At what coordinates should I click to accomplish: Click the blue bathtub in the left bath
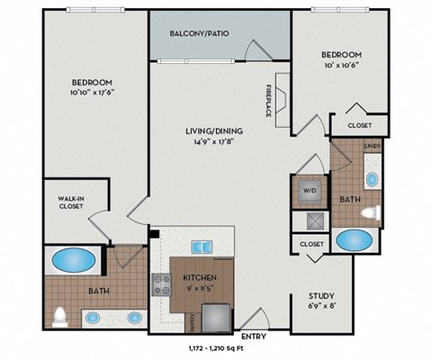click(73, 261)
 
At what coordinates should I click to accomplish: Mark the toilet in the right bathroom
click(369, 212)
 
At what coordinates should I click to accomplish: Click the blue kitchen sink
click(201, 247)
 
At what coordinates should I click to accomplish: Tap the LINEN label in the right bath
click(369, 145)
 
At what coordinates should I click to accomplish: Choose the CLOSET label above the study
click(312, 243)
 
